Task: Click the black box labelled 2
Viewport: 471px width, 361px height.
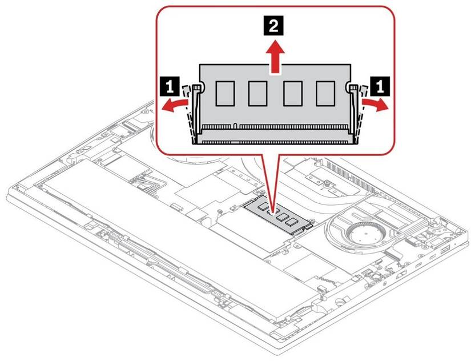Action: (x=275, y=26)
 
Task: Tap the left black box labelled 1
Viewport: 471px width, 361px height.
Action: (x=168, y=87)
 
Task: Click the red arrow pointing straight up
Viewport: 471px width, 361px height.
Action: (x=275, y=57)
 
